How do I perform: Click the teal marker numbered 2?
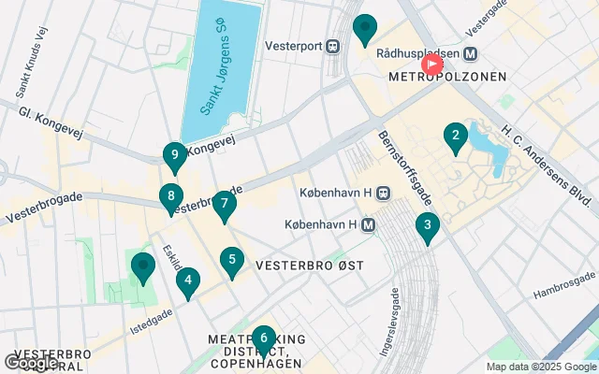pyautogui.click(x=455, y=139)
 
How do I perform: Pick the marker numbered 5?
pyautogui.click(x=232, y=262)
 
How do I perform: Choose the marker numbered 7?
pyautogui.click(x=224, y=205)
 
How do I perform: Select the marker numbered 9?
pyautogui.click(x=174, y=156)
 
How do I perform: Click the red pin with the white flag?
pyautogui.click(x=432, y=65)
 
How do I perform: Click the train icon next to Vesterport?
pyautogui.click(x=332, y=44)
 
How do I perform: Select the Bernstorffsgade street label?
pyautogui.click(x=394, y=168)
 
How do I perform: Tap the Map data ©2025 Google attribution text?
pyautogui.click(x=540, y=367)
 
